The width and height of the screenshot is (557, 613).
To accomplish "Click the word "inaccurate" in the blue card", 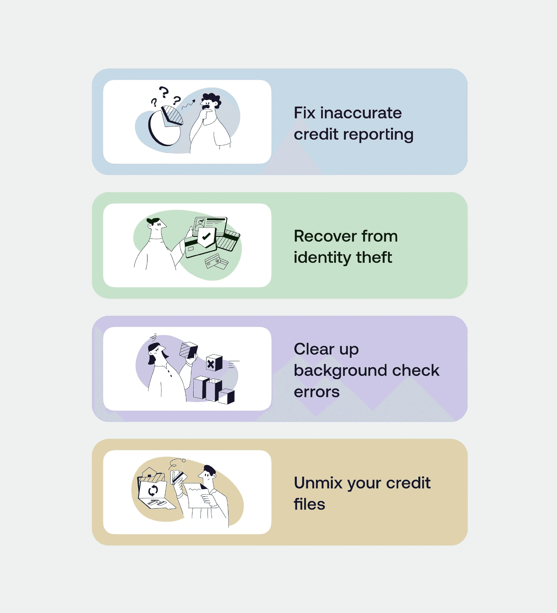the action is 361,113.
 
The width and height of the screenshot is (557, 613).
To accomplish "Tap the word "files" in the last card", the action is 309,504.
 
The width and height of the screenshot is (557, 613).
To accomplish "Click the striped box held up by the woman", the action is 189,350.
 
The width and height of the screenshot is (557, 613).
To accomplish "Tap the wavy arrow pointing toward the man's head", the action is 188,104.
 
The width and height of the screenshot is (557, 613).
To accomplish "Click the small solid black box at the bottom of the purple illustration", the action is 227,397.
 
